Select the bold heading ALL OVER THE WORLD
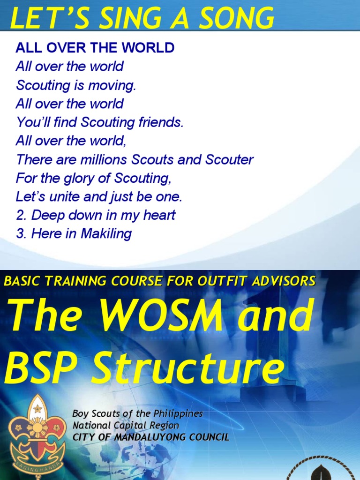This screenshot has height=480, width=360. tap(95, 47)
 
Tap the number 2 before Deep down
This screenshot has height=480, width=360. tap(20, 216)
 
